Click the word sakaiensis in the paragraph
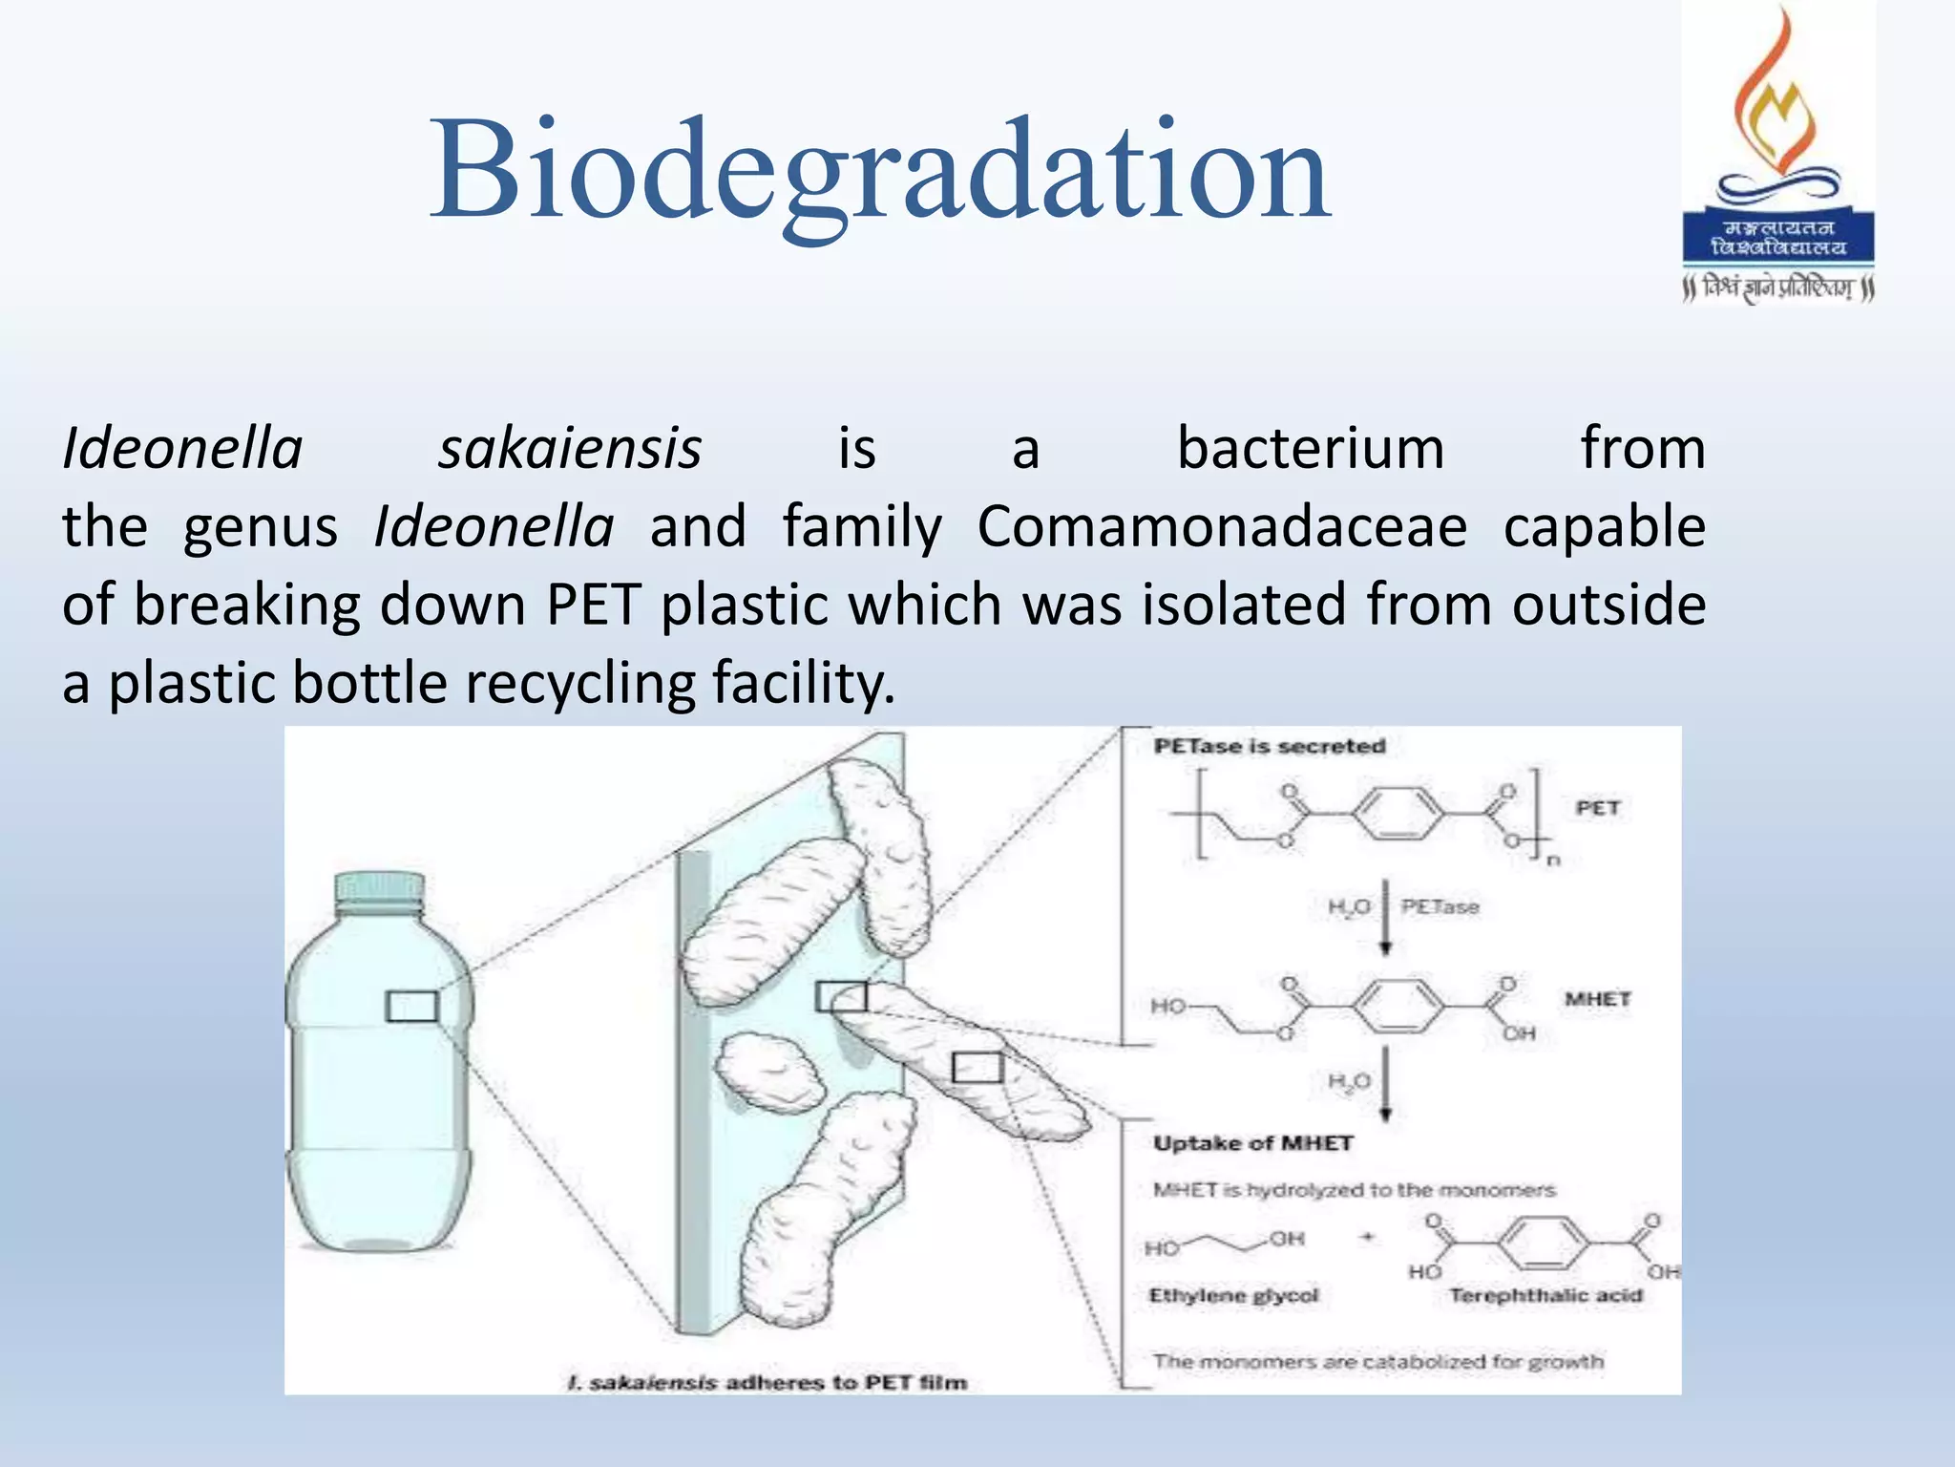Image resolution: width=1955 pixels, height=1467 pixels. pyautogui.click(x=570, y=448)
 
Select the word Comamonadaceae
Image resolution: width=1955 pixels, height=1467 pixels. pyautogui.click(x=1222, y=526)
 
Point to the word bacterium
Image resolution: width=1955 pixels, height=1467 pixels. pyautogui.click(x=1311, y=448)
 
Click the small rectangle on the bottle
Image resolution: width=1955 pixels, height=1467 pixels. pyautogui.click(x=412, y=1006)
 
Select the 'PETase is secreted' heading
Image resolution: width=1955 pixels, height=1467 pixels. pyautogui.click(x=1269, y=746)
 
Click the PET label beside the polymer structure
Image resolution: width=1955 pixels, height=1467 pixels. pyautogui.click(x=1597, y=808)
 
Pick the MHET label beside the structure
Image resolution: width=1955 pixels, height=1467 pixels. pyautogui.click(x=1597, y=999)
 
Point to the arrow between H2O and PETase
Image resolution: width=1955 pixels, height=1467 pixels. pyautogui.click(x=1386, y=917)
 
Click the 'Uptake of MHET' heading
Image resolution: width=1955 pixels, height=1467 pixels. pyautogui.click(x=1252, y=1143)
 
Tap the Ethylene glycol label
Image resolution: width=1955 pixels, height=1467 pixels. pyautogui.click(x=1233, y=1295)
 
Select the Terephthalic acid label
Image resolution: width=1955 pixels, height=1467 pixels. pyautogui.click(x=1545, y=1295)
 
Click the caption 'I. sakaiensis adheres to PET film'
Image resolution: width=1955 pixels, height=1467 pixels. pyautogui.click(x=767, y=1382)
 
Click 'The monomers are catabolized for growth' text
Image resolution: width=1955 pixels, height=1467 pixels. pyautogui.click(x=1377, y=1361)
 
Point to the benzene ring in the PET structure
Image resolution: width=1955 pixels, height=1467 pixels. pyautogui.click(x=1398, y=815)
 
